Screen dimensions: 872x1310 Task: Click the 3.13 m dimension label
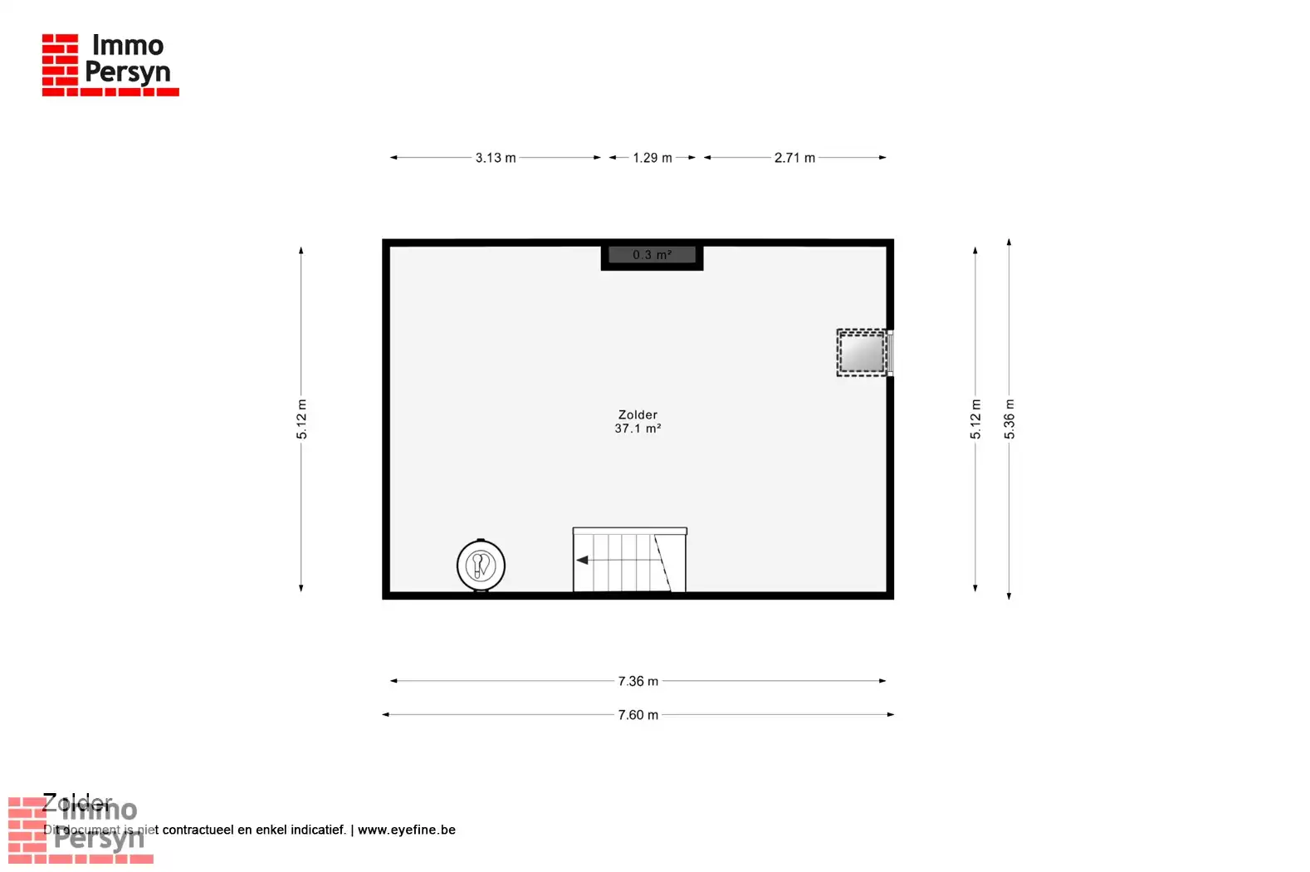click(496, 158)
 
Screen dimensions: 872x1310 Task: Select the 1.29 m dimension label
click(653, 158)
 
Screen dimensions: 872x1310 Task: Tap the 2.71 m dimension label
click(794, 158)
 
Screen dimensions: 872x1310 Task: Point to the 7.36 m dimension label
click(638, 681)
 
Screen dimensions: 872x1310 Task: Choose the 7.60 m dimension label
click(638, 715)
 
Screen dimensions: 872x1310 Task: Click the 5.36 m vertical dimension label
click(1009, 419)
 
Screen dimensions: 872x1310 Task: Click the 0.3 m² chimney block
click(652, 255)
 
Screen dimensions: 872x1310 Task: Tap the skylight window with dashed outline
click(862, 353)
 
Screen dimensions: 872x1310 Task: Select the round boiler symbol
click(481, 566)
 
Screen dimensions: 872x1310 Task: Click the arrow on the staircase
click(583, 561)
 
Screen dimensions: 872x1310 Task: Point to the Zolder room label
click(638, 414)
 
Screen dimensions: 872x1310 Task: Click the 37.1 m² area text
click(638, 429)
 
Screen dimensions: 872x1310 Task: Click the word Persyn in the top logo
click(128, 73)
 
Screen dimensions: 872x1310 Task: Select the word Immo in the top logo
click(128, 45)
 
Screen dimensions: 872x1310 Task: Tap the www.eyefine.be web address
click(407, 830)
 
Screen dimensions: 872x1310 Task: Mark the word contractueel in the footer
click(198, 830)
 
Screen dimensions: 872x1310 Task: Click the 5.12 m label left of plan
click(302, 419)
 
